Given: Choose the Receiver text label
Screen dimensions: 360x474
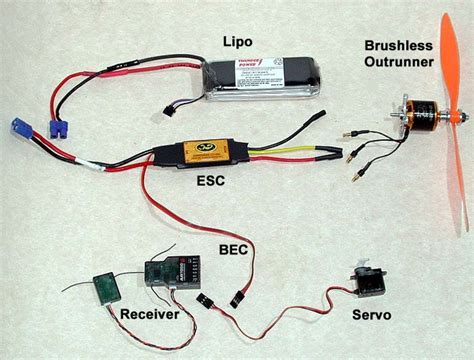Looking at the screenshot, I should click(150, 314).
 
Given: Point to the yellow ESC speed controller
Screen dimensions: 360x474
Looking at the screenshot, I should click(213, 152).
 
